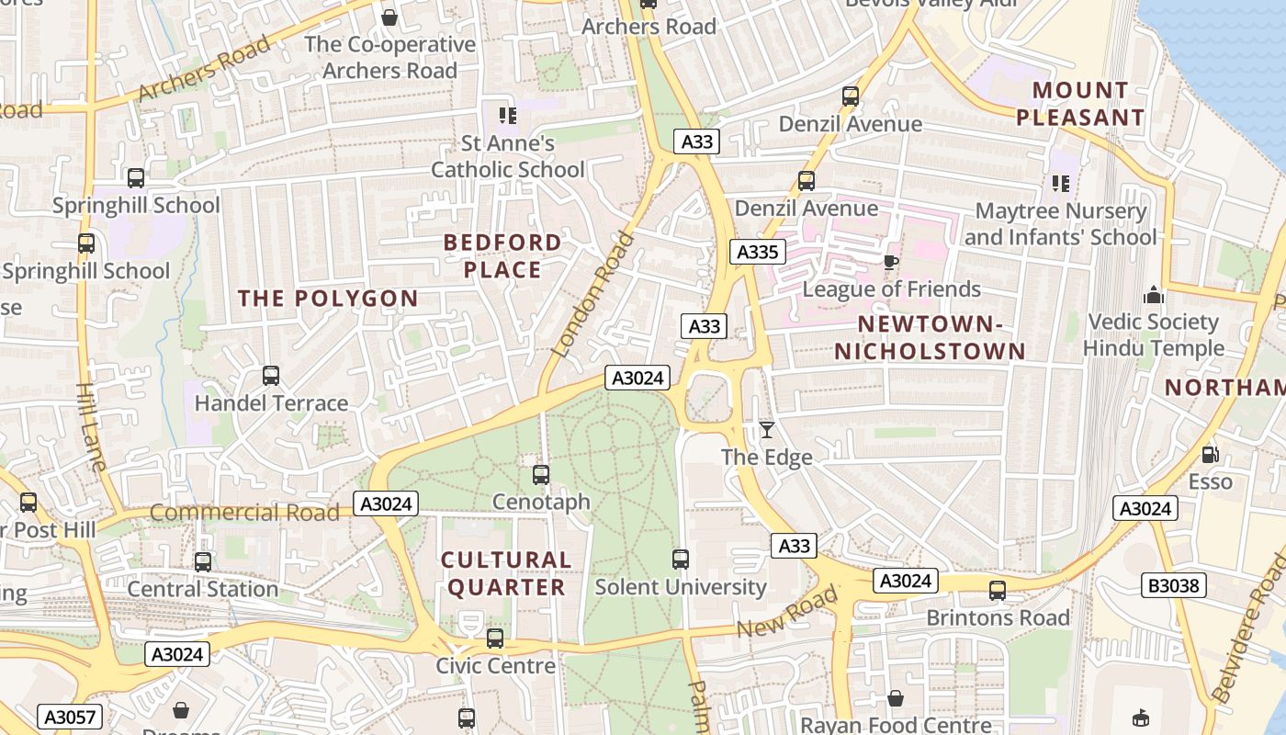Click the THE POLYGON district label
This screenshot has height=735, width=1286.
328,299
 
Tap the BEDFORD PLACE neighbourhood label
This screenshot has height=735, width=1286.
502,256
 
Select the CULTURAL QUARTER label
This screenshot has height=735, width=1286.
505,573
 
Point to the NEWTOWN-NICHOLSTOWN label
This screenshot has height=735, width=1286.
930,337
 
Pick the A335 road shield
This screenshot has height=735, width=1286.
758,252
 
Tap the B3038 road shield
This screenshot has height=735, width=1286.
1175,585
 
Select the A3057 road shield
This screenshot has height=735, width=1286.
71,717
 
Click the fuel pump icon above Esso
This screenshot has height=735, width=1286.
1211,455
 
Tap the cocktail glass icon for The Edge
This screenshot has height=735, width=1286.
767,429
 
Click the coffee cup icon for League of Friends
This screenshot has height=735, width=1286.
890,262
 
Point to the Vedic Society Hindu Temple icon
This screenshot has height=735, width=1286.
1154,295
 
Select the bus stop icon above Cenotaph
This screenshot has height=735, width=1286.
541,475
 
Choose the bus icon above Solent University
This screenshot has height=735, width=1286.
681,560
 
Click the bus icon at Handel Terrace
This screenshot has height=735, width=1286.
271,376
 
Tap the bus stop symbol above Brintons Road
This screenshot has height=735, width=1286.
998,591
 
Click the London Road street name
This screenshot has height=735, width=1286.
594,294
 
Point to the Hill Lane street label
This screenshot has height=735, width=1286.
92,427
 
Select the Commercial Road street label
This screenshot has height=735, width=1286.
244,512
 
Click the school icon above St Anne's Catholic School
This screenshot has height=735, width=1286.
507,116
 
